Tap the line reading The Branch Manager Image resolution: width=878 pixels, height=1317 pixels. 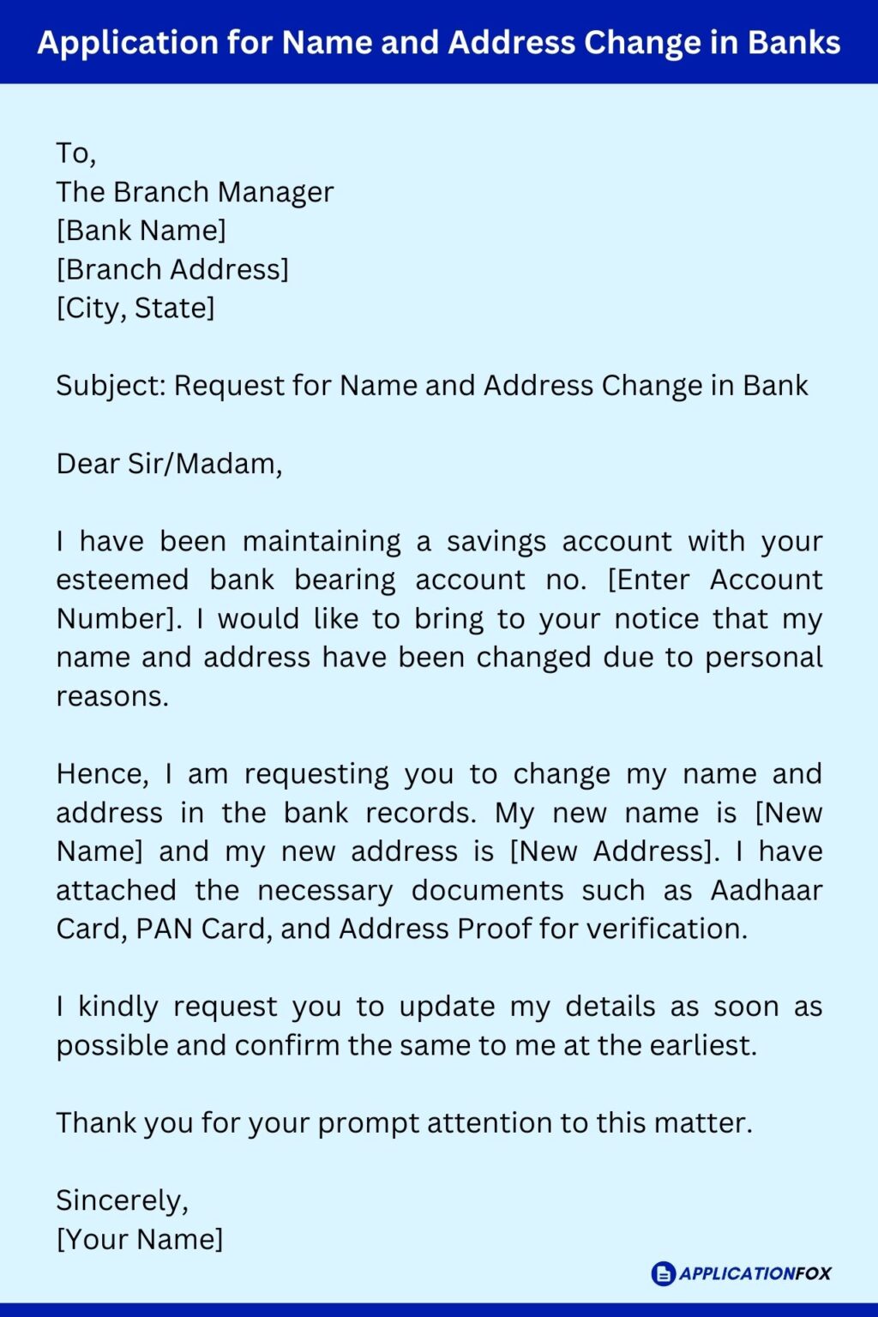tap(195, 192)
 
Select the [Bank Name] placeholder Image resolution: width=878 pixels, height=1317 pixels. tap(141, 231)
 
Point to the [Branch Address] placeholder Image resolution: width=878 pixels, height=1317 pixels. tap(172, 269)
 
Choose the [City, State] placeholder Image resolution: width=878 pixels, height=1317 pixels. tap(135, 308)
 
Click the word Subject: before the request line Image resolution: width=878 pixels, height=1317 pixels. tap(111, 386)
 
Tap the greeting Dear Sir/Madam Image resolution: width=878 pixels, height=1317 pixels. tap(169, 464)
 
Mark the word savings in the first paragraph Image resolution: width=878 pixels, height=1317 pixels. tap(496, 542)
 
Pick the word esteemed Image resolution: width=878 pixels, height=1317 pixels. tap(123, 580)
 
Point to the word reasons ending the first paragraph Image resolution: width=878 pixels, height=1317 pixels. tap(111, 696)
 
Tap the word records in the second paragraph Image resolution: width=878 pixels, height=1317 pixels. tap(420, 813)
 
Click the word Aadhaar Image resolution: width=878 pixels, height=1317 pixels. tap(766, 891)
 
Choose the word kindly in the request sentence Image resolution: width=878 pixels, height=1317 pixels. tap(118, 1007)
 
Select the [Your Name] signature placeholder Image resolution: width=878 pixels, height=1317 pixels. tap(140, 1240)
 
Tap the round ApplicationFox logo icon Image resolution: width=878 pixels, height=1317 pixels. tap(664, 1273)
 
